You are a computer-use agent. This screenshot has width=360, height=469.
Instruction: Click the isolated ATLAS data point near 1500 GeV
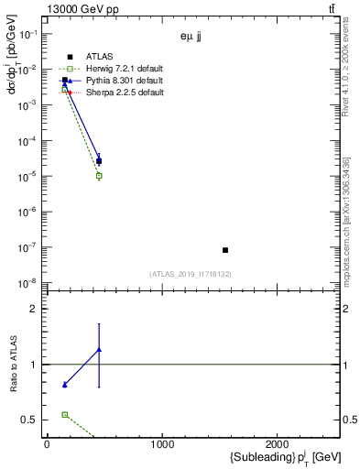pos(225,250)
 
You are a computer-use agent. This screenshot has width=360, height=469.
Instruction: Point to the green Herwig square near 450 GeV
pos(99,175)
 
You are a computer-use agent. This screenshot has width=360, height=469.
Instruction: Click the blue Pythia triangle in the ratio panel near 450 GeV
pos(99,349)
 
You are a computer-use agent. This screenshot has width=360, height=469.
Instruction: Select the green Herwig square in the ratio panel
pos(64,415)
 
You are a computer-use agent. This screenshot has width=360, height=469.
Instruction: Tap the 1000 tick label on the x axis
pos(162,444)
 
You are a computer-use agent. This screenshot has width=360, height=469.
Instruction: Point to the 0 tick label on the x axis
pos(47,444)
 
